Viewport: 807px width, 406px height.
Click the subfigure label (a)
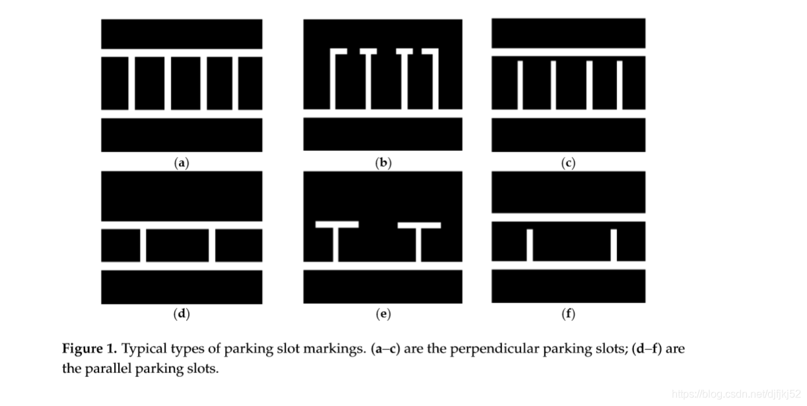[181, 163]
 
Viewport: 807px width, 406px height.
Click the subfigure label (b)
[383, 163]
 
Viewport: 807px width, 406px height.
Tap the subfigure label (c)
[568, 163]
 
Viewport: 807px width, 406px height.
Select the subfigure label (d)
[181, 314]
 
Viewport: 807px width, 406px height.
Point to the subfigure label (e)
[383, 314]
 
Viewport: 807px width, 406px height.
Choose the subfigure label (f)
[568, 314]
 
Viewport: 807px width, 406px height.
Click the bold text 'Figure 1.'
[90, 349]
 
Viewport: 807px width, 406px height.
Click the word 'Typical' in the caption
[143, 349]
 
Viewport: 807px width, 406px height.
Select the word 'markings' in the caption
[333, 349]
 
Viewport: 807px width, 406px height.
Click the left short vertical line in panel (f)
[529, 245]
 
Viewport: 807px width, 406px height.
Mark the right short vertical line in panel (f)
[614, 245]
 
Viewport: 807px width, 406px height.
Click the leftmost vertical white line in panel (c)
[520, 84]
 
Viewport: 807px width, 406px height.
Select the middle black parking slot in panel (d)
[178, 245]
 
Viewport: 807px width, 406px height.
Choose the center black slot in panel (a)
[185, 83]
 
